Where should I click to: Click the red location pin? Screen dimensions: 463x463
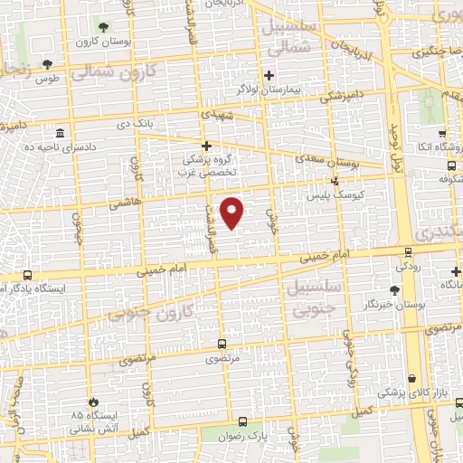click(x=232, y=212)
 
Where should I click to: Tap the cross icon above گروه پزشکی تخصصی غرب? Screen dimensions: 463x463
click(x=206, y=146)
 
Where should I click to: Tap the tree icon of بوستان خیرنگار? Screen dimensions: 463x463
click(x=393, y=289)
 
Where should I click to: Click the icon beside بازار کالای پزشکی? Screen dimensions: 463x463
click(x=412, y=378)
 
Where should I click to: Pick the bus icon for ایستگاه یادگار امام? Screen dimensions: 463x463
click(x=28, y=274)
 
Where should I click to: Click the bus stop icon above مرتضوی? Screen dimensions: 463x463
click(x=222, y=344)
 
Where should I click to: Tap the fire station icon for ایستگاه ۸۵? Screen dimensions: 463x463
click(x=90, y=402)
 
